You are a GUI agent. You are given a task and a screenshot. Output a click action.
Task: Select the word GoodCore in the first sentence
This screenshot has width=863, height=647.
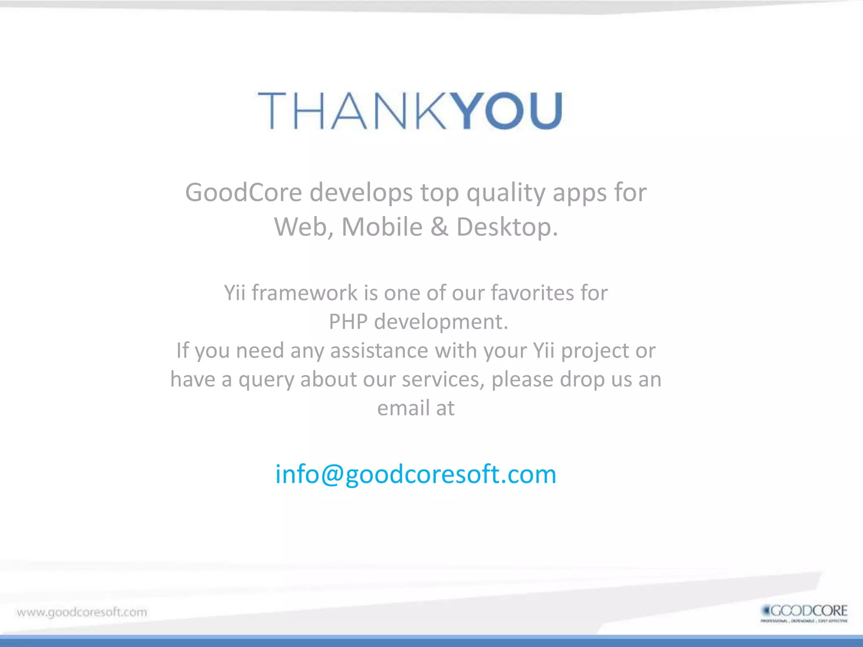click(244, 192)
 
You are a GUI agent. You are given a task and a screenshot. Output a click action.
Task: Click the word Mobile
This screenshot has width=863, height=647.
click(382, 227)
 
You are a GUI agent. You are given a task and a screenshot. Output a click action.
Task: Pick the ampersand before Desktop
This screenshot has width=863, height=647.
click(440, 227)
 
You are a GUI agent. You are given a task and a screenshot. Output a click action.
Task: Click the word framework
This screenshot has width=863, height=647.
click(305, 293)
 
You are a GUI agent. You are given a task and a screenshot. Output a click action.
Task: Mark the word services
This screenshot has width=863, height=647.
click(442, 379)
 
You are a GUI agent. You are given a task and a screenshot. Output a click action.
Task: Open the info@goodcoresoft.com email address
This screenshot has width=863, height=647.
click(416, 474)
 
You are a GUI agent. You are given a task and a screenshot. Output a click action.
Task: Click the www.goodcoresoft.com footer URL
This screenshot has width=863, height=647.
click(82, 612)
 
